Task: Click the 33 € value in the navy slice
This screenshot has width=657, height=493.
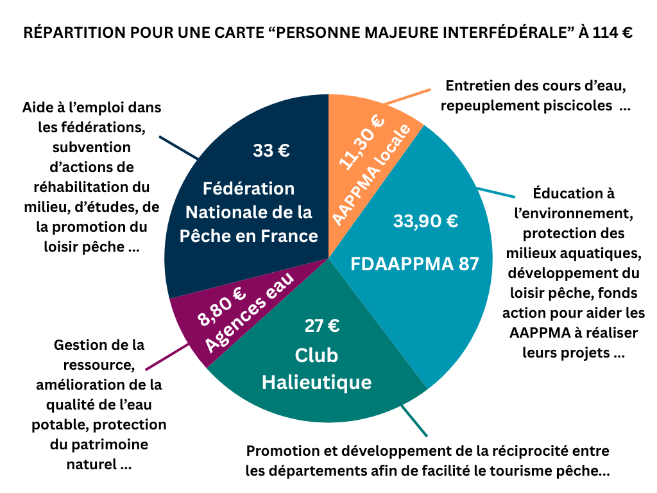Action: [271, 151]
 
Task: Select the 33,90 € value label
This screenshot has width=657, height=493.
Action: [425, 221]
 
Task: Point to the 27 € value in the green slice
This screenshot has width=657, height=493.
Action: [321, 325]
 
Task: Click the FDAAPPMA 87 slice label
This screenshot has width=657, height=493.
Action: [414, 263]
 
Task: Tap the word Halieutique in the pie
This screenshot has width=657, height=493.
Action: [316, 383]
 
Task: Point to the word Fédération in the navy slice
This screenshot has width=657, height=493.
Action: [249, 189]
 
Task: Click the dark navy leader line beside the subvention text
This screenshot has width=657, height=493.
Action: [178, 147]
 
